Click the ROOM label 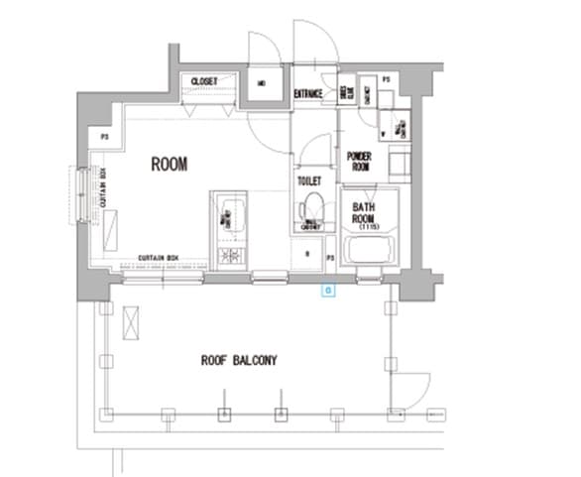(169, 165)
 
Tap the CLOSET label (203, 81)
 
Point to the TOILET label (308, 181)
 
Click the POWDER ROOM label (358, 162)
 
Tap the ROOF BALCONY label (238, 360)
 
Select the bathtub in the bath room (370, 253)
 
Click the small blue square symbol (329, 291)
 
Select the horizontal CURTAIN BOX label (158, 258)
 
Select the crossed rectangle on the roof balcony (129, 322)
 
